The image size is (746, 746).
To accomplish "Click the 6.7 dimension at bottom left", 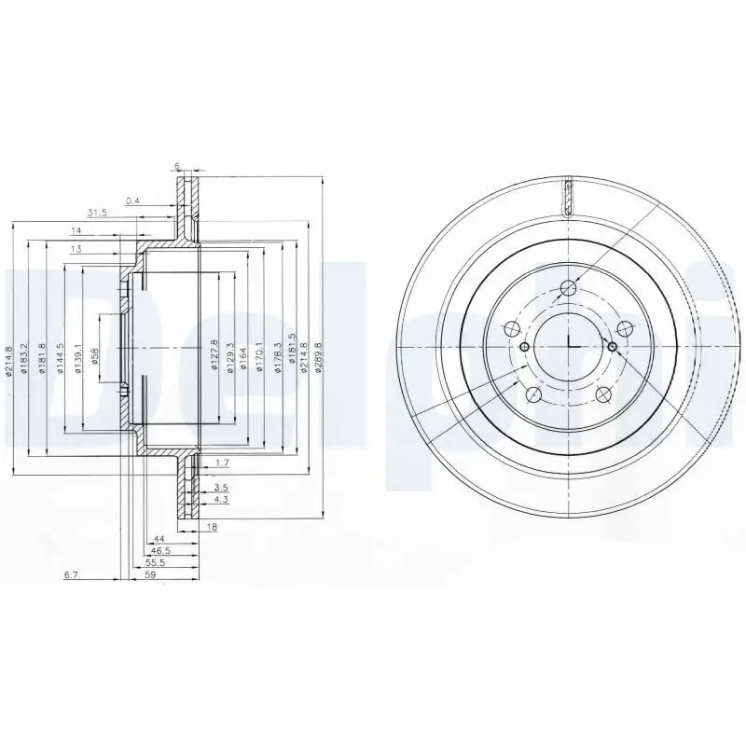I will coord(70,576).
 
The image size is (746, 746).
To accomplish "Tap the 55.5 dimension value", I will coord(156,562).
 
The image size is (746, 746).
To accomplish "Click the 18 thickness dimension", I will coord(212,528).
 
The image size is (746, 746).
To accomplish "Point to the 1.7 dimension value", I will coord(222,463).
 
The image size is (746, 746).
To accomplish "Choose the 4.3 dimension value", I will coord(220,502).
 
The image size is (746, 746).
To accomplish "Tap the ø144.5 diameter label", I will coord(60,358).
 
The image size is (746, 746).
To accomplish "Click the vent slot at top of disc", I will coord(567,197).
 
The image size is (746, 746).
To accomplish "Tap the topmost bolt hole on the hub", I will coord(567,288).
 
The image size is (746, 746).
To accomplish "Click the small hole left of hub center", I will coord(524,347).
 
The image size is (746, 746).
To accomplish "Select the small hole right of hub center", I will coord(612,347).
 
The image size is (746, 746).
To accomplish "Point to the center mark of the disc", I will coord(569,347).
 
